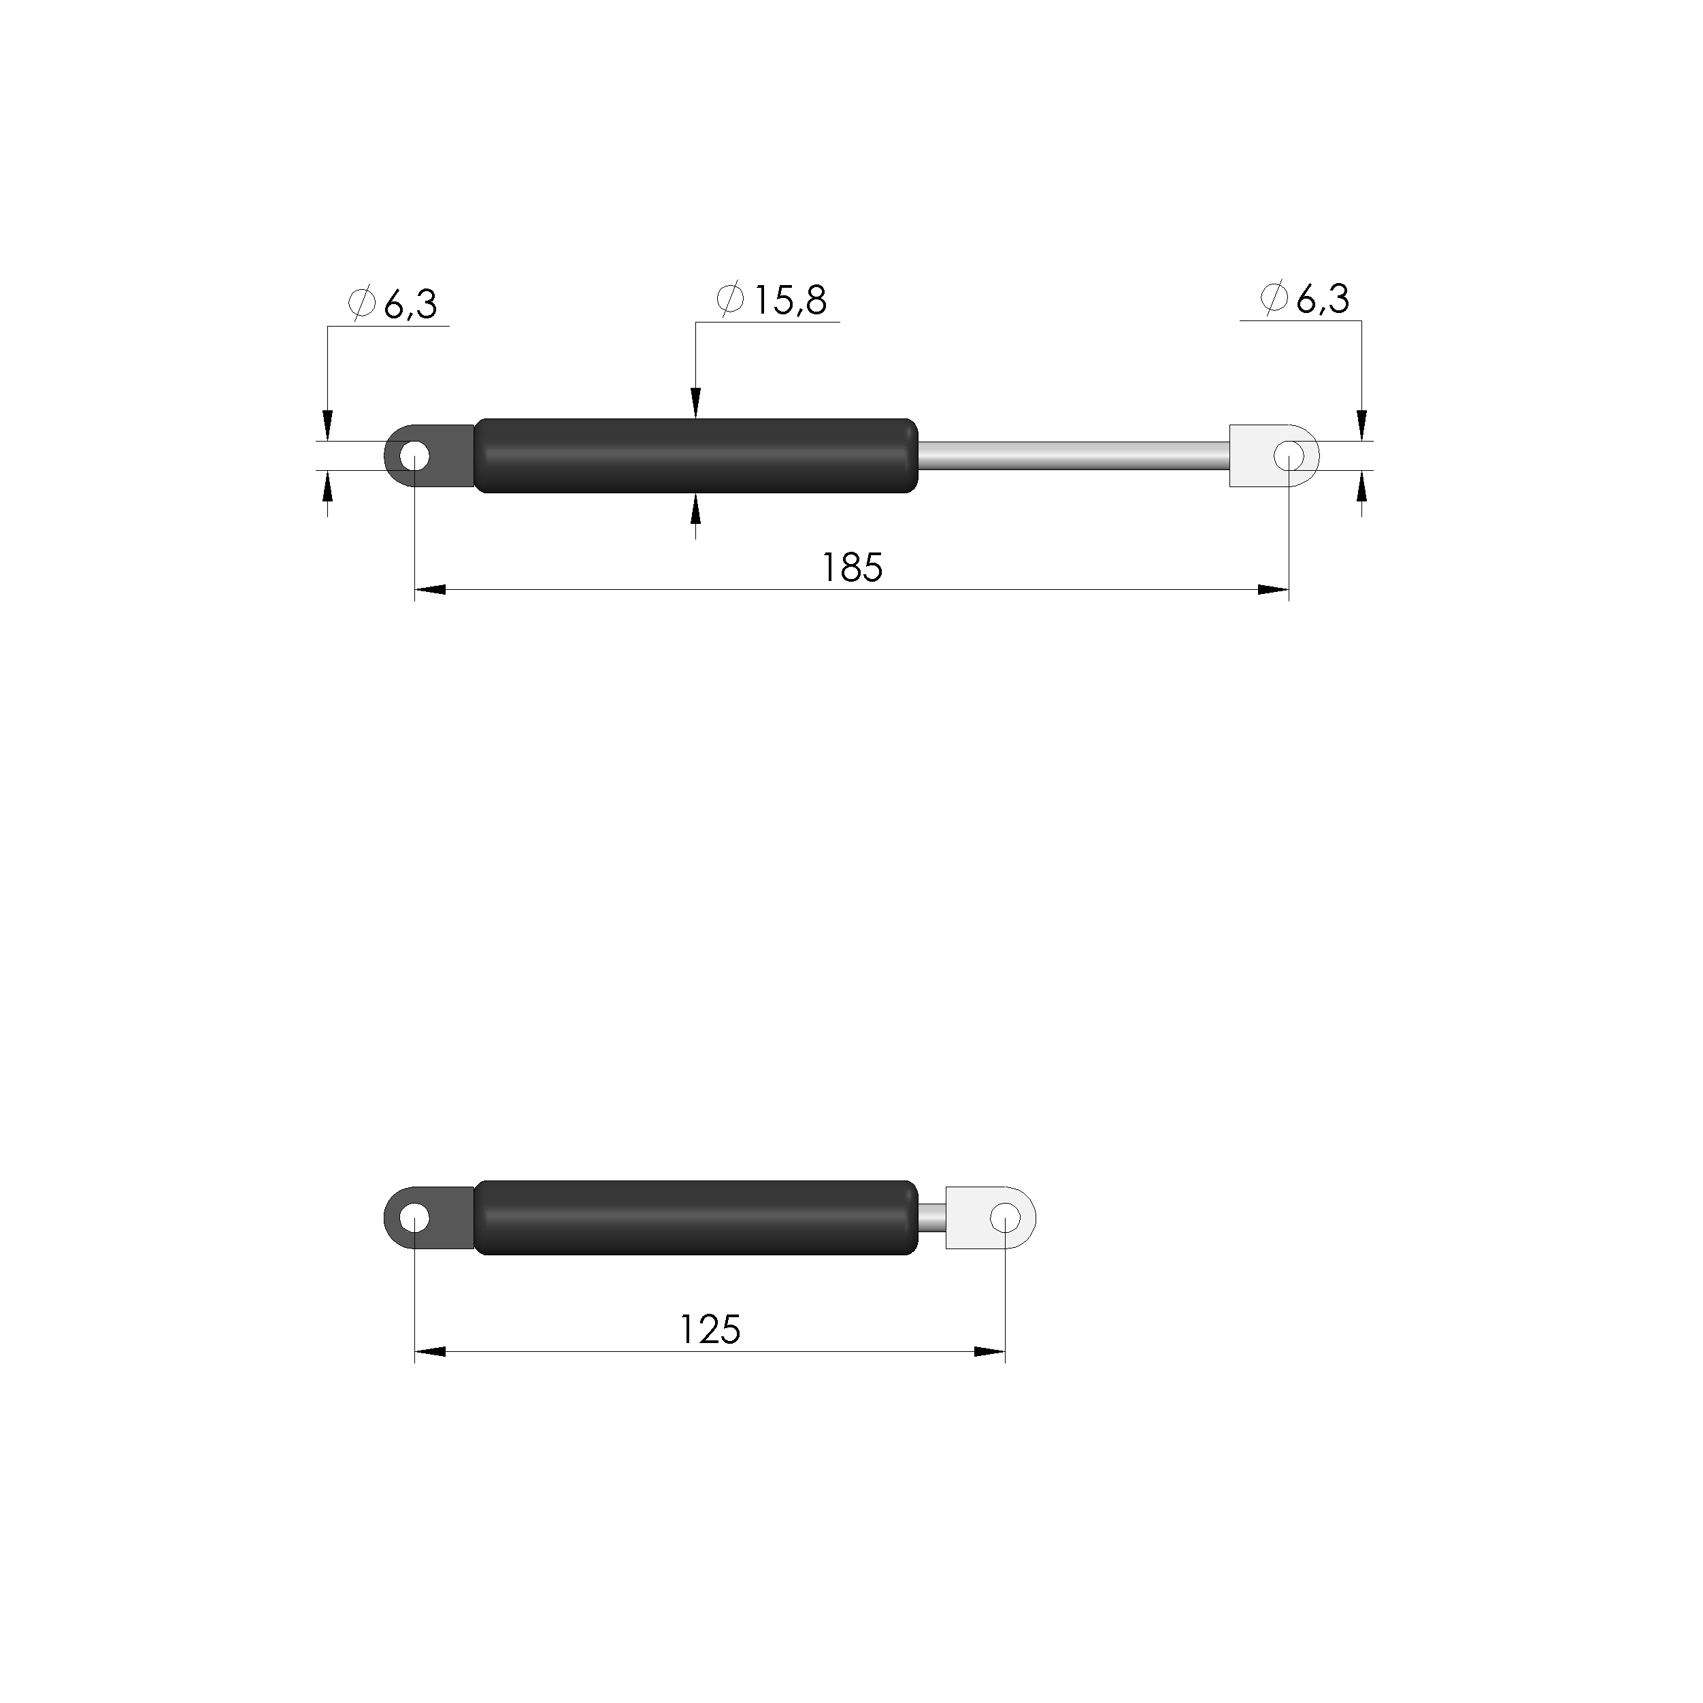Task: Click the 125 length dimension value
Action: tap(710, 1330)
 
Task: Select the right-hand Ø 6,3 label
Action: tap(1306, 299)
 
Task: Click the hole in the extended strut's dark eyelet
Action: tap(414, 457)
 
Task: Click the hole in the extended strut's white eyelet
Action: tap(1289, 456)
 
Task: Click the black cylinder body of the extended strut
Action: tap(696, 456)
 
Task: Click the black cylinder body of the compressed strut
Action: tap(696, 1217)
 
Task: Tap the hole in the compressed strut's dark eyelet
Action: tap(414, 1219)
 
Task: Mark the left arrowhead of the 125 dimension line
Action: tap(430, 1352)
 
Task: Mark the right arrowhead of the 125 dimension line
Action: tap(989, 1352)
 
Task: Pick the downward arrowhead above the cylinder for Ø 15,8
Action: tap(695, 403)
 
